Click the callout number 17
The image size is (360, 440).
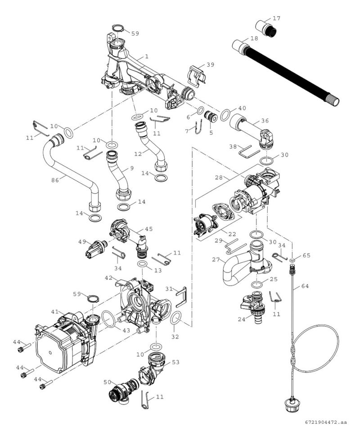point(276,18)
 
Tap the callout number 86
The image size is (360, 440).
point(55,180)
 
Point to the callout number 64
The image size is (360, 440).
point(305,286)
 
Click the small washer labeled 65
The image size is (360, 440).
point(292,260)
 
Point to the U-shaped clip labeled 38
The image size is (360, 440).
point(249,151)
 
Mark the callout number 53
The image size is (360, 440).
point(175,362)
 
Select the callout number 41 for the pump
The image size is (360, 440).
point(55,312)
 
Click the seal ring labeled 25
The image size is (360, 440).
point(257,285)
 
